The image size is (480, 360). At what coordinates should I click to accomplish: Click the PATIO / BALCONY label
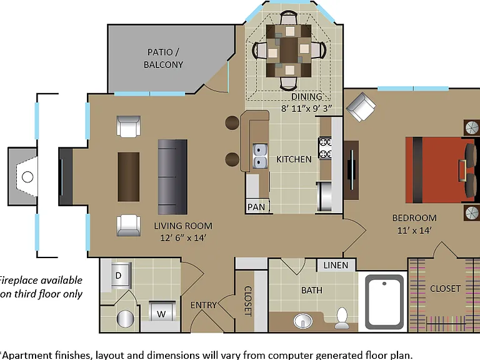[163, 58]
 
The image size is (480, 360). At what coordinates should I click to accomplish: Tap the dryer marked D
[121, 276]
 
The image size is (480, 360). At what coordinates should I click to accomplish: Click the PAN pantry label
[256, 207]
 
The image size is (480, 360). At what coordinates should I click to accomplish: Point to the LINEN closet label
[336, 265]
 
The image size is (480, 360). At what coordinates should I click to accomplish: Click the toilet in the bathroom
[342, 317]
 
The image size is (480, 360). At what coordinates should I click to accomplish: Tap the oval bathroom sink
[302, 321]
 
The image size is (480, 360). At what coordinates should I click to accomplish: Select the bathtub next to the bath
[384, 301]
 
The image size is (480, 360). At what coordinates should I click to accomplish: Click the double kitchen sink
[259, 156]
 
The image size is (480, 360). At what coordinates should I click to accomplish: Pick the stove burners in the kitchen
[325, 148]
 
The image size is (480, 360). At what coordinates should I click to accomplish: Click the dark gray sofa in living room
[172, 177]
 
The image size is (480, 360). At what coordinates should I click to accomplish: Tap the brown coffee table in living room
[129, 177]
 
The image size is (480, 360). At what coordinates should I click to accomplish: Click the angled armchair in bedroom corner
[361, 107]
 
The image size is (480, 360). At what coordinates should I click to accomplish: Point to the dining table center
[289, 51]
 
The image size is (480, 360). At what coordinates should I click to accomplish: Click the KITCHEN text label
[294, 159]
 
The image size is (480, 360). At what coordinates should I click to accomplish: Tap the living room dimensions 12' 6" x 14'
[183, 238]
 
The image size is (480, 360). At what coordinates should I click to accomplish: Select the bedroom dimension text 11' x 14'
[414, 230]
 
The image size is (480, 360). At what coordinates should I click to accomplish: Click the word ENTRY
[203, 305]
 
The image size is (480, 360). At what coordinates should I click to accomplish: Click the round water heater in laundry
[126, 319]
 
